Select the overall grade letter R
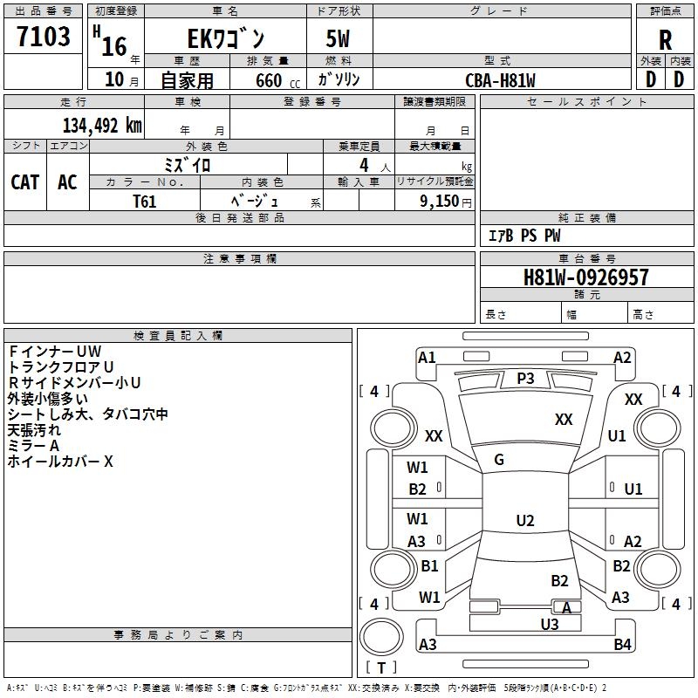pos(665,39)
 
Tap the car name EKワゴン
pos(226,39)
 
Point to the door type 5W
pos(339,39)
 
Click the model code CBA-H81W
pos(500,80)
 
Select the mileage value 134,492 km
pos(102,126)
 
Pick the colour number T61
pos(145,202)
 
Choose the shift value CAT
pos(24,181)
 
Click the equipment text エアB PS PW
pos(523,236)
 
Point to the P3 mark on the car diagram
pos(525,378)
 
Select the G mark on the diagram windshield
pos(499,460)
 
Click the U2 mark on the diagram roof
pos(524,521)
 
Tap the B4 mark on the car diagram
pos(622,645)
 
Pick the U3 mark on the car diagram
pos(549,624)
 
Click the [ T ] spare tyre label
pos(381,667)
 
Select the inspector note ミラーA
pos(33,446)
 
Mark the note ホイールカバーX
pos(60,462)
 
